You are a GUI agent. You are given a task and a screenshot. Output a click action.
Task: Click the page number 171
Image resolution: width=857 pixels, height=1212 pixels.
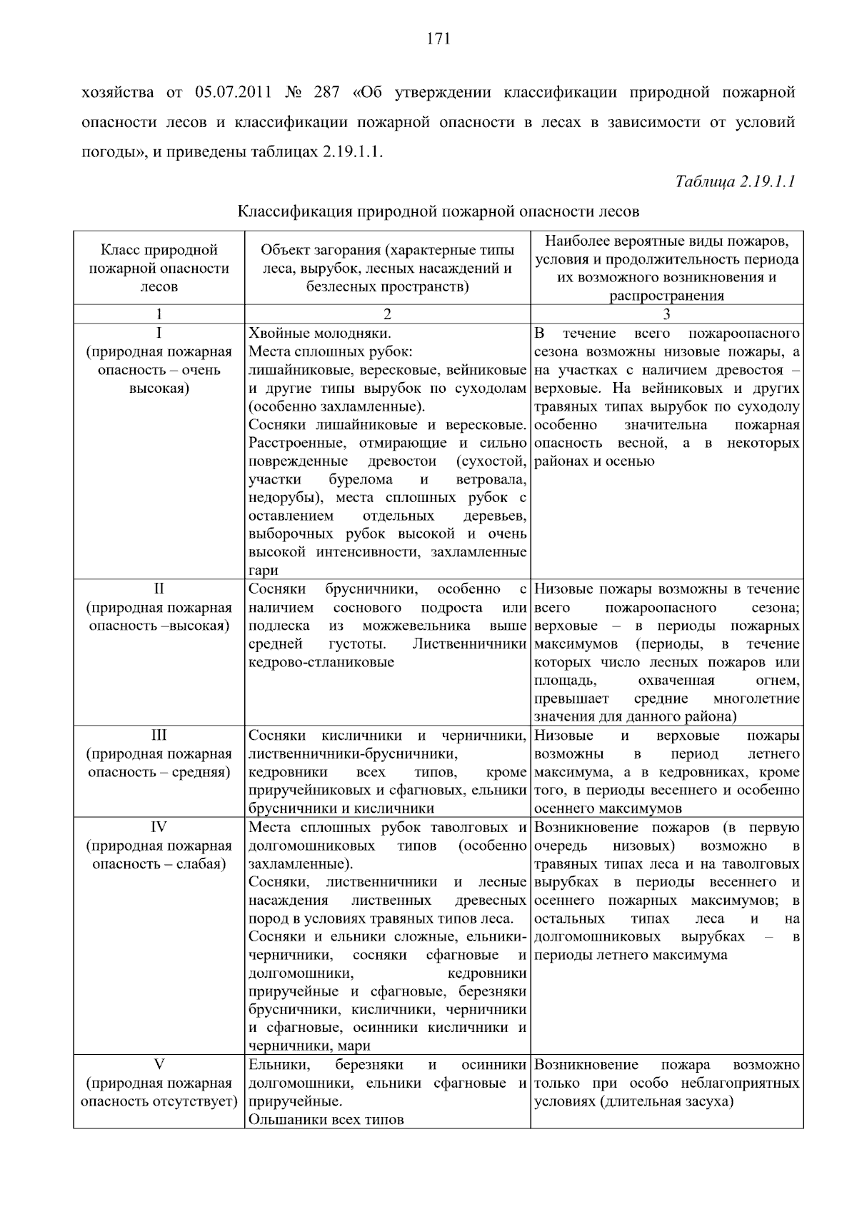[438, 39]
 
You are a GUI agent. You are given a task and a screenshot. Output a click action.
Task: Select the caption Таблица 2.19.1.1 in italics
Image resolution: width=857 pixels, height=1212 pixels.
[735, 181]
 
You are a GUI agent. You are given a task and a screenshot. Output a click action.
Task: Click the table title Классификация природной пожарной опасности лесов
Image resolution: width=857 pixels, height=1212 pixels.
[438, 211]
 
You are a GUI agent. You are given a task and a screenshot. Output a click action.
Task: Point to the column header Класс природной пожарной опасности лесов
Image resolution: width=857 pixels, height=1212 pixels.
[159, 269]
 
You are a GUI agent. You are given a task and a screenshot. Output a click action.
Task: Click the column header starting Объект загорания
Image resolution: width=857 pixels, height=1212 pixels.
[387, 269]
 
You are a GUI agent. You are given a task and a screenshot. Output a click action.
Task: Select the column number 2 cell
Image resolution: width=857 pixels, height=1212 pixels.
[387, 314]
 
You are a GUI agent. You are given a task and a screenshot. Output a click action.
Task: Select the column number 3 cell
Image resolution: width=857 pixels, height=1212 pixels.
[666, 314]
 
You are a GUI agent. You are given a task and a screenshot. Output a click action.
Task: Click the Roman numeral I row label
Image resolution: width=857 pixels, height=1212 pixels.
[159, 334]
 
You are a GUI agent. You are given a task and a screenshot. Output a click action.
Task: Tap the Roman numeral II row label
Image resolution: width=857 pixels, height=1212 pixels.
[159, 589]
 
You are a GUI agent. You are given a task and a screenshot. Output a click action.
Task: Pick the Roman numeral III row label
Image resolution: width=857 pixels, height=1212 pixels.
[159, 736]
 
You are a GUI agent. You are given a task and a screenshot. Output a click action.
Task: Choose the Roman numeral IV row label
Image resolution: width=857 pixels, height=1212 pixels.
[159, 827]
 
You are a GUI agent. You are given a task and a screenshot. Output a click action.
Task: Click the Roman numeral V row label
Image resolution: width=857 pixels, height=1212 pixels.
[159, 1065]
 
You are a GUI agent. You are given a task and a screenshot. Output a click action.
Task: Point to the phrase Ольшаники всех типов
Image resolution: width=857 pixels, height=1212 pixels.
[326, 1120]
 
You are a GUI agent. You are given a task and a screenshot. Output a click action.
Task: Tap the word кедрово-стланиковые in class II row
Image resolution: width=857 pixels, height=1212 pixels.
[321, 662]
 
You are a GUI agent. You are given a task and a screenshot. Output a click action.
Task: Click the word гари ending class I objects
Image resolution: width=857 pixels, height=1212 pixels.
[263, 571]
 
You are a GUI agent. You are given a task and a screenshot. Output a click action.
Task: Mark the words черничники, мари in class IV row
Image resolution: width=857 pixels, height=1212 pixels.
[309, 1046]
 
